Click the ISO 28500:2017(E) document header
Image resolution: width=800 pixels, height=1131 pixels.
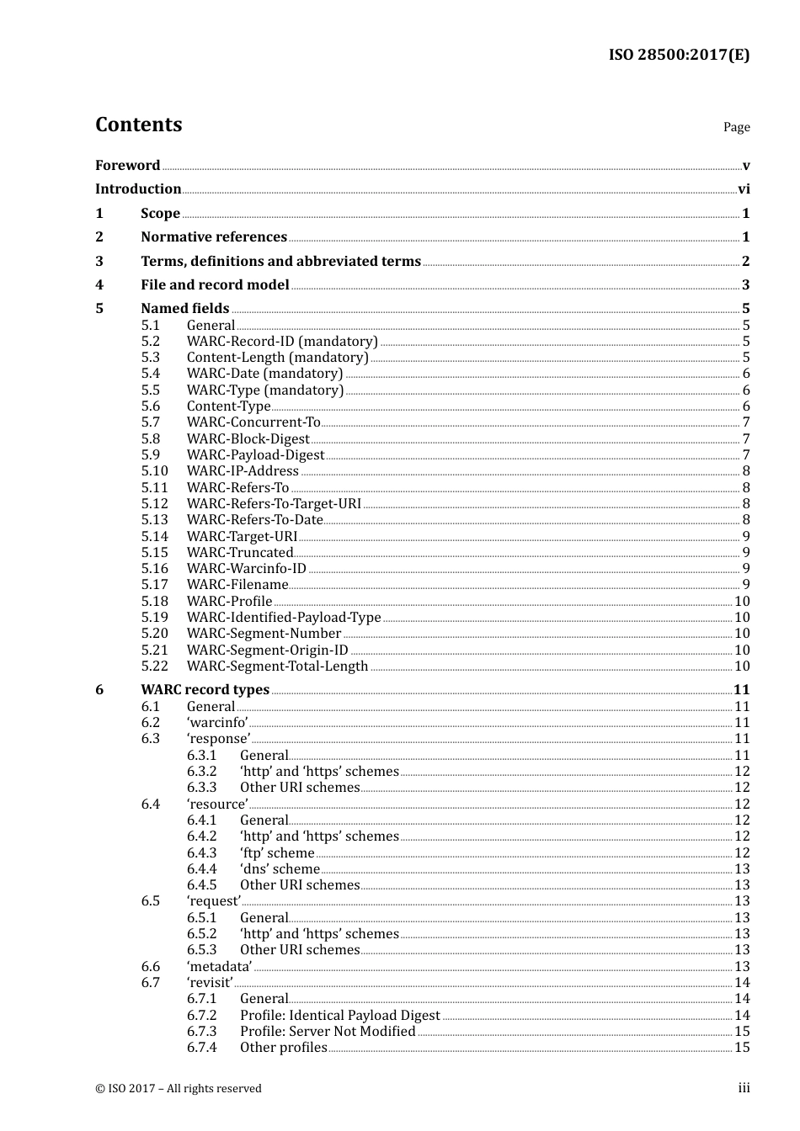(679, 55)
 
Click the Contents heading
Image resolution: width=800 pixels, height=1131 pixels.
(138, 125)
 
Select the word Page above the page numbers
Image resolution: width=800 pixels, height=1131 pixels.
(736, 127)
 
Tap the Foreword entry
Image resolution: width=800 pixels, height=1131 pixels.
(127, 166)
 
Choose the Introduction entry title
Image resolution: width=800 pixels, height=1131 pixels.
(138, 189)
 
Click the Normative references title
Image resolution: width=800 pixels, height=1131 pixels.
(214, 237)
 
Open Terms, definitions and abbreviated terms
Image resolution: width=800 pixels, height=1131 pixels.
(280, 261)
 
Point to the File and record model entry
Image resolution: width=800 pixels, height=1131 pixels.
(215, 285)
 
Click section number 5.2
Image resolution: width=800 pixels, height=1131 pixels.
(150, 342)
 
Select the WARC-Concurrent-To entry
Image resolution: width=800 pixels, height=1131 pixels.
(253, 422)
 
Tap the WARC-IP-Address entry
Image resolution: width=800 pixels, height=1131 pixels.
(243, 471)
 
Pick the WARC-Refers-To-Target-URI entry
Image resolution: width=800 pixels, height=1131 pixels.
(274, 504)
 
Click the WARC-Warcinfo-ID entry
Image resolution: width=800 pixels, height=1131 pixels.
(247, 569)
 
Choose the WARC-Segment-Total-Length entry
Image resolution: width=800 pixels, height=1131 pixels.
(277, 666)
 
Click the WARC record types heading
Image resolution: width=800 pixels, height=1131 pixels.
(205, 690)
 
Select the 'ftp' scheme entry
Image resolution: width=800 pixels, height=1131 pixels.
(277, 853)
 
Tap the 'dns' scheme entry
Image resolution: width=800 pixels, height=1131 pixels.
(280, 869)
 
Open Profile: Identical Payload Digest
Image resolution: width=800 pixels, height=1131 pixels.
(339, 1016)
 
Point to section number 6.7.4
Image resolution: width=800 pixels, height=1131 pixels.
(201, 1048)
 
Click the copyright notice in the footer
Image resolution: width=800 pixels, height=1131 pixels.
(179, 1089)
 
